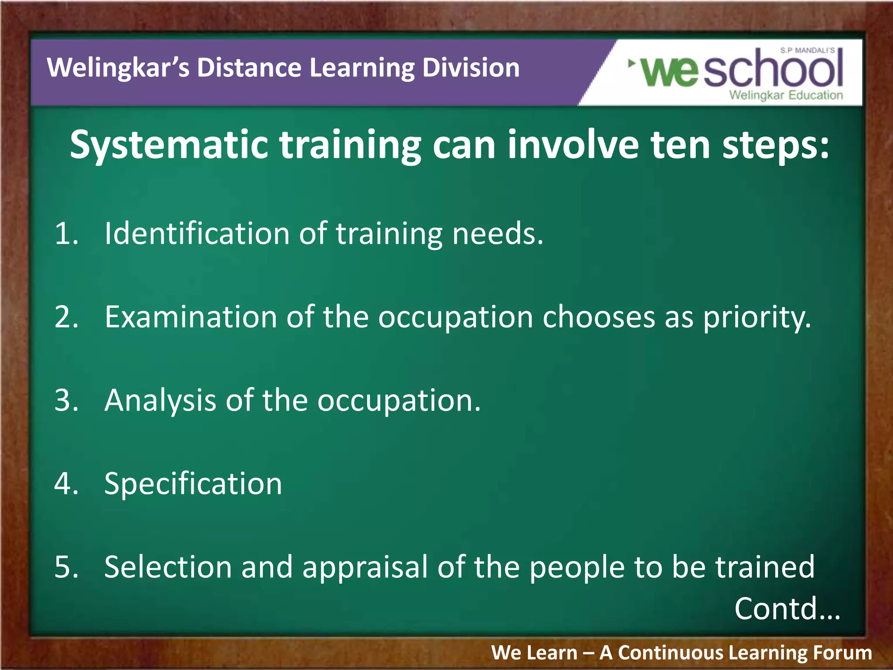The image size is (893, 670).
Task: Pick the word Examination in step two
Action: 191,317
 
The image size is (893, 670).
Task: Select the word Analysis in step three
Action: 160,401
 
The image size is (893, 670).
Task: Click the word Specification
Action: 193,485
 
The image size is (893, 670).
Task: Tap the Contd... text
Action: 787,608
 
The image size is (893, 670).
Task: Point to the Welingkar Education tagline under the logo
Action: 786,95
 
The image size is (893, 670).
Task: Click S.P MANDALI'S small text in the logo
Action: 807,51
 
